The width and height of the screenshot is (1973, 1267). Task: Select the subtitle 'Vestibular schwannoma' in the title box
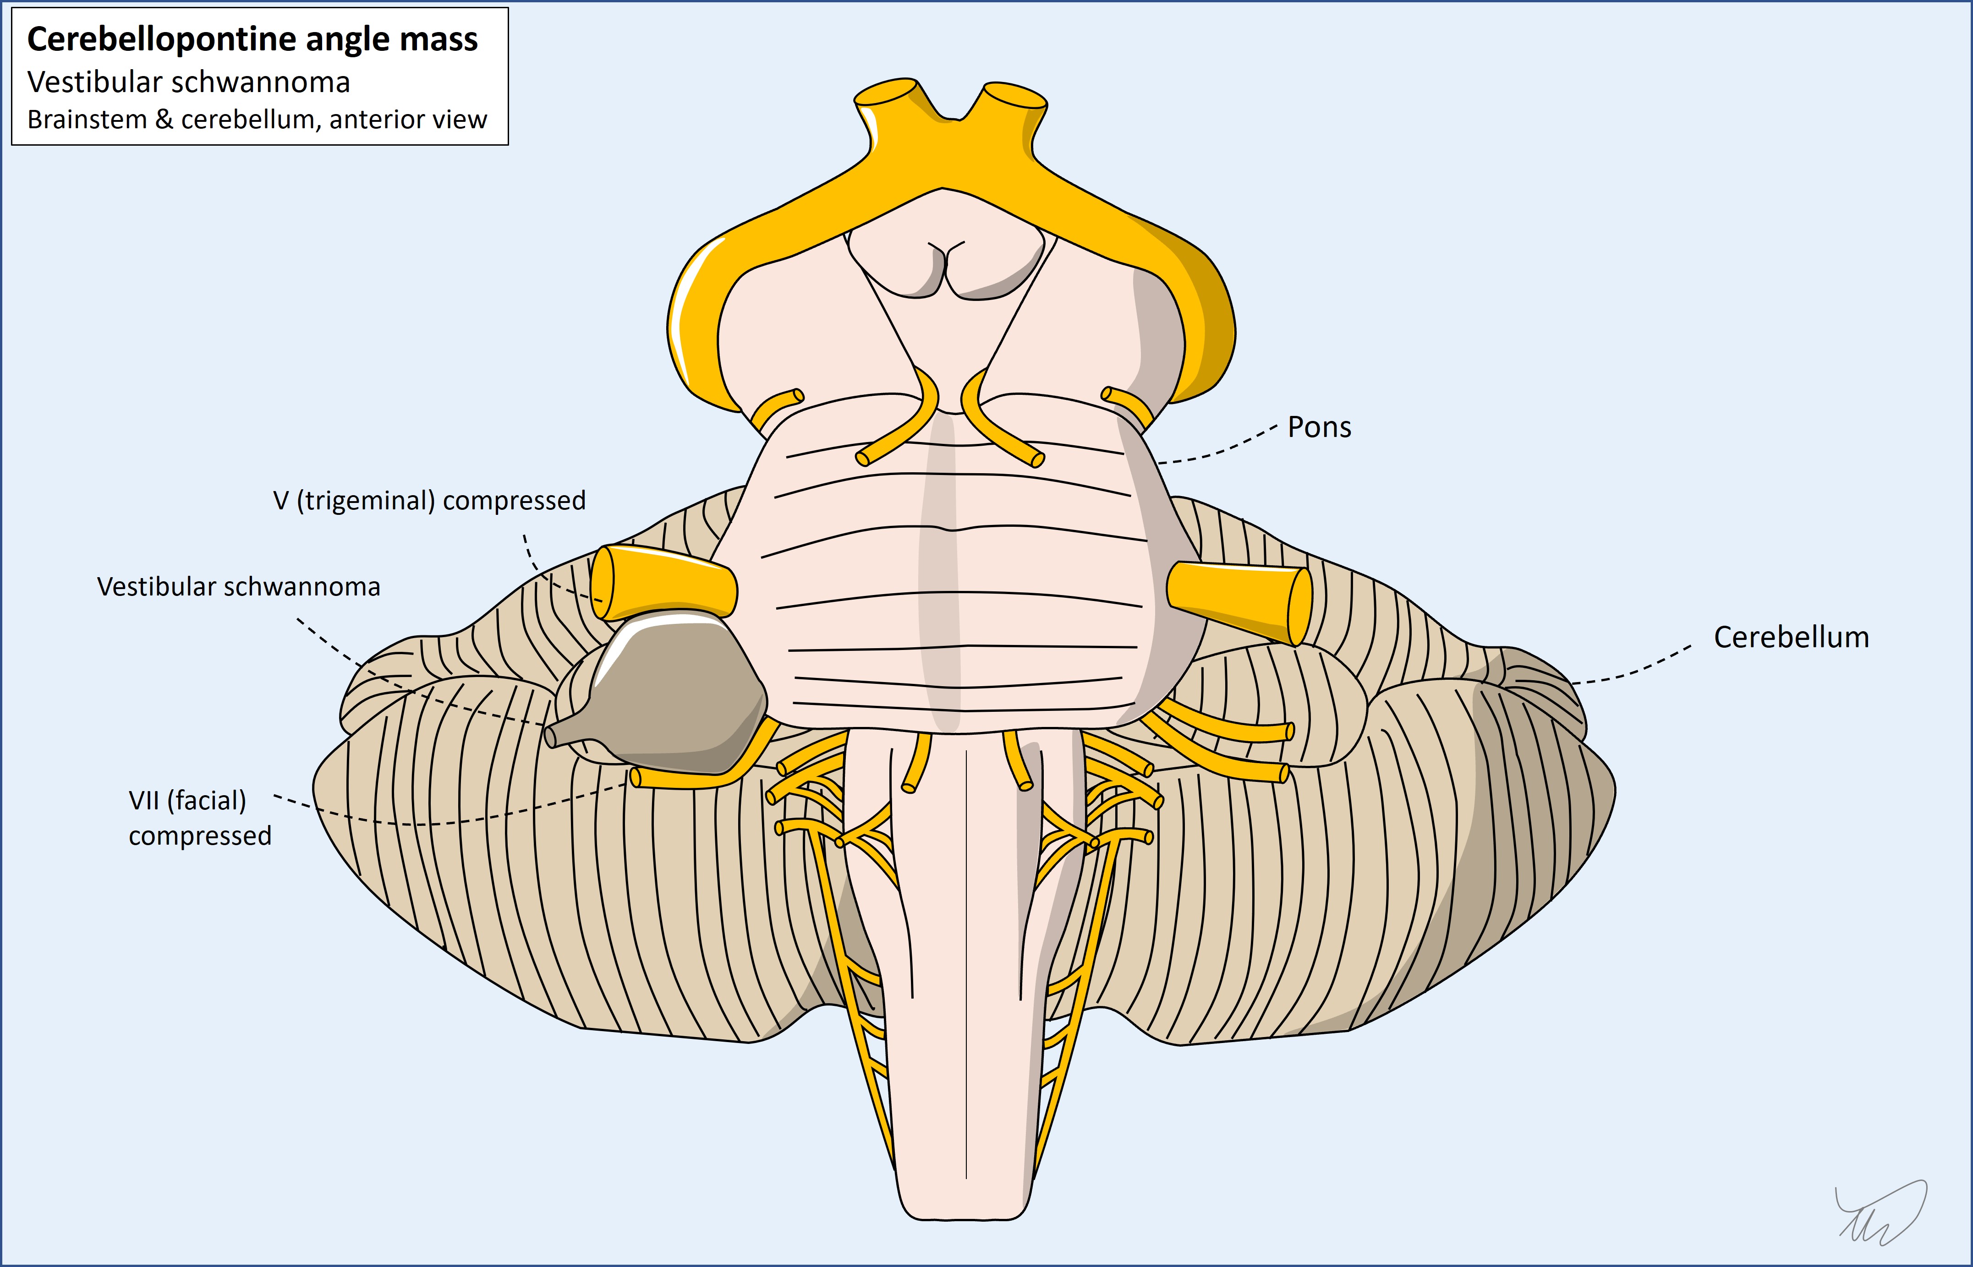pos(188,82)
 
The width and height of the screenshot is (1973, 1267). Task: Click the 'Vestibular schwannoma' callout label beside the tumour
pos(239,587)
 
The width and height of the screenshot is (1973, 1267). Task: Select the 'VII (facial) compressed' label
pos(199,818)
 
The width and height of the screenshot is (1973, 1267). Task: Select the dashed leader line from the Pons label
pos(1218,448)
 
